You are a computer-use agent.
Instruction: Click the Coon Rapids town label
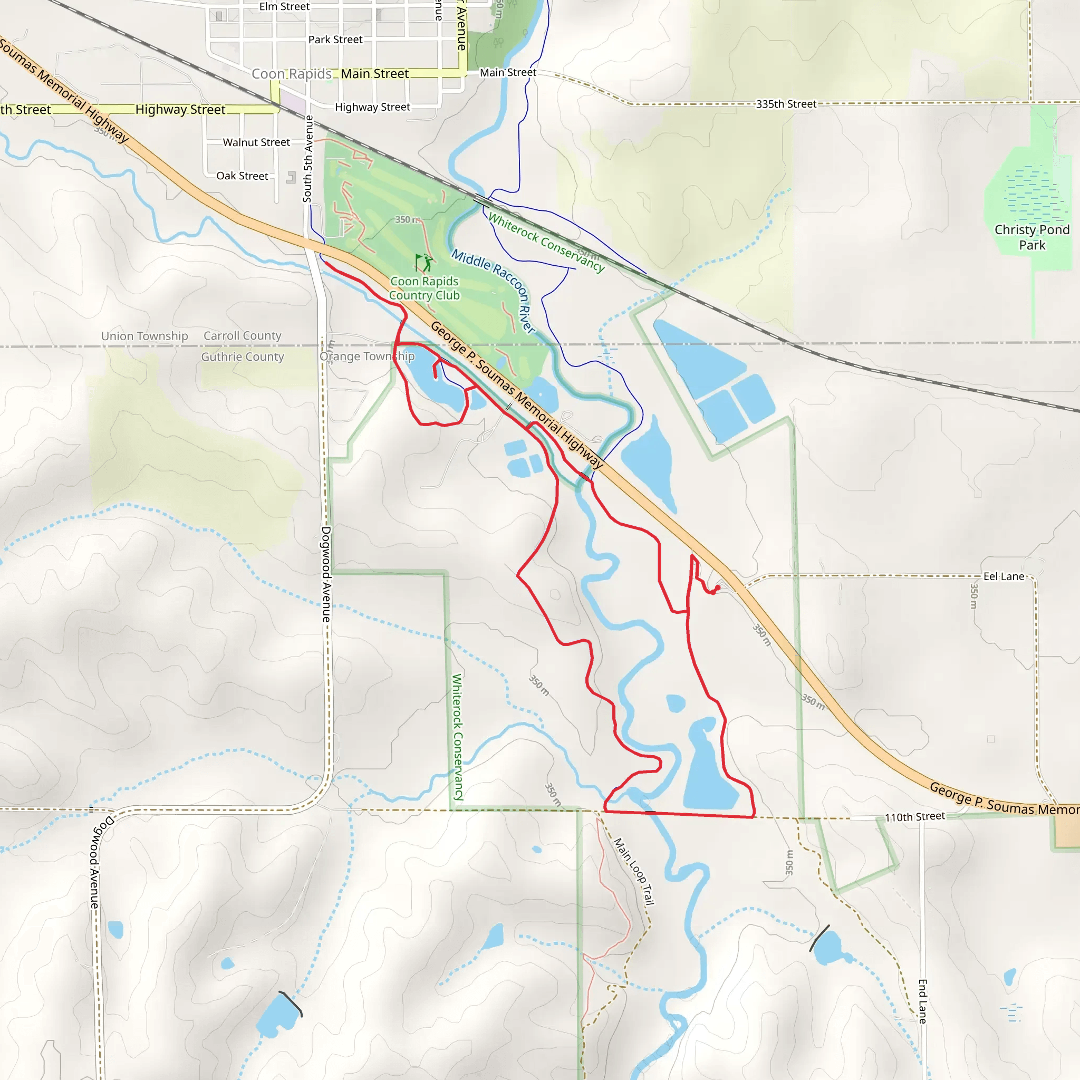coord(291,74)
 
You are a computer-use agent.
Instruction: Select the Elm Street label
coord(284,7)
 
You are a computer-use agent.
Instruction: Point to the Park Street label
coord(335,40)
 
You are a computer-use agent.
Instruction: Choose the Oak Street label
coord(242,176)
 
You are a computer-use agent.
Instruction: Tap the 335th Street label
coord(786,104)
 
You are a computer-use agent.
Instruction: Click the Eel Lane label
coord(1004,576)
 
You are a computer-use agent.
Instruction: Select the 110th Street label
coord(914,817)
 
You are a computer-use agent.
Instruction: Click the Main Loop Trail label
coord(634,871)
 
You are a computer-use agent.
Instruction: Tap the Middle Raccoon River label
coord(494,291)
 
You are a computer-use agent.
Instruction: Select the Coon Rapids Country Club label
coord(425,288)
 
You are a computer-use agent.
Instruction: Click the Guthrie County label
coord(243,356)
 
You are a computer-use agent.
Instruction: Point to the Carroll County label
coord(242,335)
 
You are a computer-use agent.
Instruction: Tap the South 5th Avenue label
coord(308,159)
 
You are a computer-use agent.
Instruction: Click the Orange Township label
coord(367,356)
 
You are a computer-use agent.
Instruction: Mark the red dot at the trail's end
coord(718,587)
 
